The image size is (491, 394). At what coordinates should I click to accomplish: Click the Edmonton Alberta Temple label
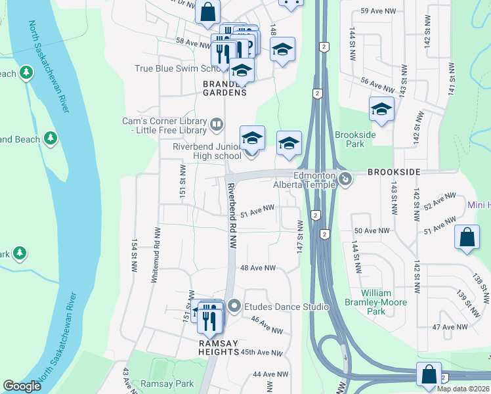click(x=314, y=180)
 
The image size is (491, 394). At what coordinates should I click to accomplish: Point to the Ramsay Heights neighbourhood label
click(x=219, y=347)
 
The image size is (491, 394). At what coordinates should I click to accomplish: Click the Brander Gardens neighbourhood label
click(x=224, y=88)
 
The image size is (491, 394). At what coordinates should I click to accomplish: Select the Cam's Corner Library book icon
click(x=217, y=123)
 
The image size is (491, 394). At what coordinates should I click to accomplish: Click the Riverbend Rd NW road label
click(x=231, y=214)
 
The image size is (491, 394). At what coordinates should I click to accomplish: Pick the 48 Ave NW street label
click(x=258, y=269)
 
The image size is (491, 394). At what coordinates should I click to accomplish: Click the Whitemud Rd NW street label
click(x=156, y=255)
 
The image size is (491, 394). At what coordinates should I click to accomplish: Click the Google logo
click(x=22, y=386)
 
